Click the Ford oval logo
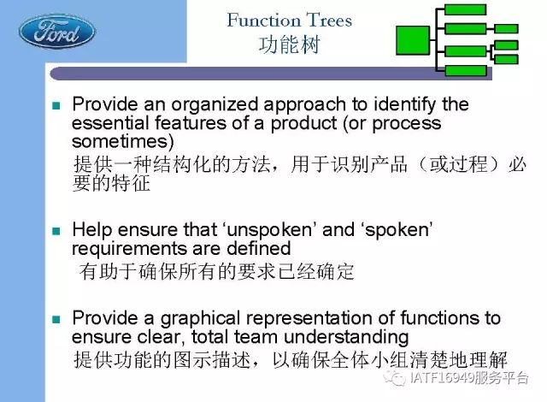pyautogui.click(x=56, y=32)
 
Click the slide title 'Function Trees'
pyautogui.click(x=290, y=20)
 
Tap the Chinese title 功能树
pyautogui.click(x=289, y=45)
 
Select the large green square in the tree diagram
pyautogui.click(x=413, y=40)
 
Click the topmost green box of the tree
pyautogui.click(x=465, y=9)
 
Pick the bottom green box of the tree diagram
pyautogui.click(x=466, y=70)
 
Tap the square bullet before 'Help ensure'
pyautogui.click(x=56, y=231)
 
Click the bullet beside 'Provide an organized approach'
pyautogui.click(x=56, y=105)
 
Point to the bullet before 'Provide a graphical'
pyautogui.click(x=56, y=319)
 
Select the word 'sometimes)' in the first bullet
pyautogui.click(x=123, y=141)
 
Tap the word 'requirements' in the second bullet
pyautogui.click(x=129, y=249)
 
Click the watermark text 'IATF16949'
pyautogui.click(x=442, y=377)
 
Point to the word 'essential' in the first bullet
pyautogui.click(x=110, y=123)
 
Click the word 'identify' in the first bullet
pyautogui.click(x=404, y=105)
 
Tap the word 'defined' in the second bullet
pyautogui.click(x=258, y=249)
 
